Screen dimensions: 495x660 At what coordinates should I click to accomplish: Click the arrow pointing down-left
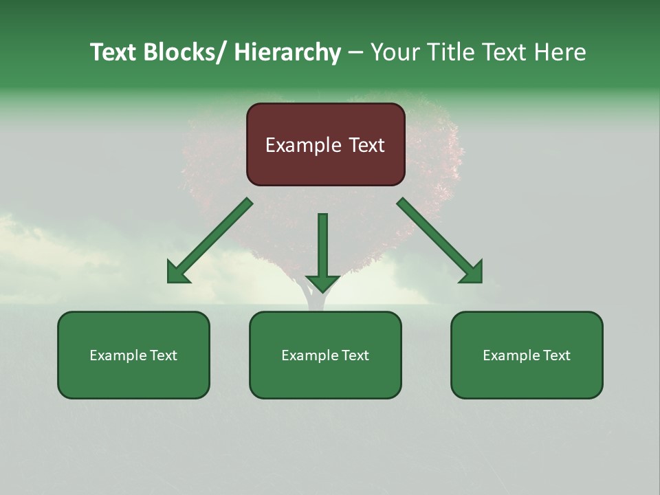(x=213, y=238)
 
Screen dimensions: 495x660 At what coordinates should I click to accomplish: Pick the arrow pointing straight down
(x=322, y=247)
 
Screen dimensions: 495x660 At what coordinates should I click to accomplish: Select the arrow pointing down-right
(x=436, y=238)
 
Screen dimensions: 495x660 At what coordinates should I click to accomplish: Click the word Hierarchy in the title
(x=287, y=52)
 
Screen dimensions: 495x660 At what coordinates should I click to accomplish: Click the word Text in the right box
(x=555, y=355)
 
